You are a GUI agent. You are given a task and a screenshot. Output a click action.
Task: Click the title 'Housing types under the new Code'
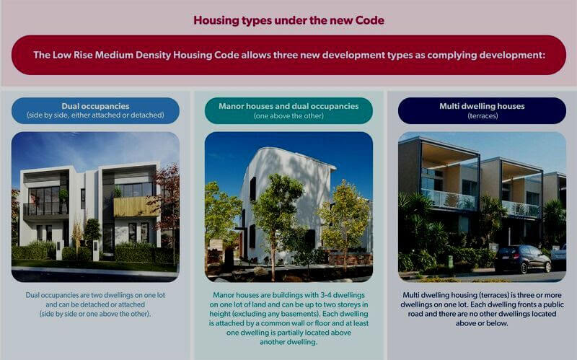pos(289,20)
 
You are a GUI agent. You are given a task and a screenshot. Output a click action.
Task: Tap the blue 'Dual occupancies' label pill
pos(95,110)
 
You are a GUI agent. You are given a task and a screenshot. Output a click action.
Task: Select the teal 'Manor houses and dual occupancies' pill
pos(288,110)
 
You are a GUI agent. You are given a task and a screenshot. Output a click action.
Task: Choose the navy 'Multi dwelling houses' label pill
pos(482,110)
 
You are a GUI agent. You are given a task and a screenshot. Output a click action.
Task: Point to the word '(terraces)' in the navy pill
pos(483,116)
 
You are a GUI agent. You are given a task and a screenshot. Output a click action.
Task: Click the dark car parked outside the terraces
pos(522,259)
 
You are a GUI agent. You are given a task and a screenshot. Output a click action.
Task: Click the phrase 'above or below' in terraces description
pos(481,323)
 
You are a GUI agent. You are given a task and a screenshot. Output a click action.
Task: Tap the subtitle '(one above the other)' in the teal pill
pos(288,116)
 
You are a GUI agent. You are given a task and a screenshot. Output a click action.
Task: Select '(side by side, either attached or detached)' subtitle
pos(95,115)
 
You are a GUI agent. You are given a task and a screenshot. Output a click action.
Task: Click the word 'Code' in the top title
pos(370,20)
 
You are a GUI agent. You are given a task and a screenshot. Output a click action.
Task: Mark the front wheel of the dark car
pos(524,268)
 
